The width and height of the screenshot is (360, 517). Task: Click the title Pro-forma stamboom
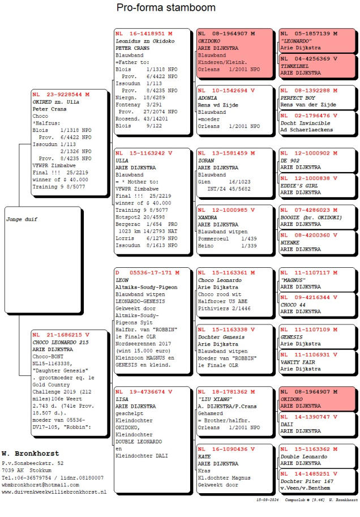pyautogui.click(x=166, y=8)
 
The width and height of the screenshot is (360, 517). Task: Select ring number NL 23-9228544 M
pyautogui.click(x=61, y=94)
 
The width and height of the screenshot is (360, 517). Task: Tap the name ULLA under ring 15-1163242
pyautogui.click(x=122, y=160)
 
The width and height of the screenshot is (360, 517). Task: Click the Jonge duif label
pyautogui.click(x=22, y=219)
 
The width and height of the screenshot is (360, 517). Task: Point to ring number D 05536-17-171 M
pyautogui.click(x=147, y=272)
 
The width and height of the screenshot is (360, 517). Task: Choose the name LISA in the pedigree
pyautogui.click(x=122, y=399)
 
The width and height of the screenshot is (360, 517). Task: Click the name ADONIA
pyautogui.click(x=207, y=97)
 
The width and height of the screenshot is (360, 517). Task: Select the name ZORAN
pyautogui.click(x=206, y=160)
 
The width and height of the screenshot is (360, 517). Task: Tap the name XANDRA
pyautogui.click(x=207, y=217)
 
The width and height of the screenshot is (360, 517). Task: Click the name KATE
pyautogui.click(x=204, y=456)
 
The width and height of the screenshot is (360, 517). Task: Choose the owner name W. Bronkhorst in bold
pyautogui.click(x=30, y=454)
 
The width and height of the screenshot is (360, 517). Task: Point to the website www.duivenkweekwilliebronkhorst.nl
pyautogui.click(x=54, y=492)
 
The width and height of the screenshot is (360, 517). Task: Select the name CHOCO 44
pyautogui.click(x=294, y=304)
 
